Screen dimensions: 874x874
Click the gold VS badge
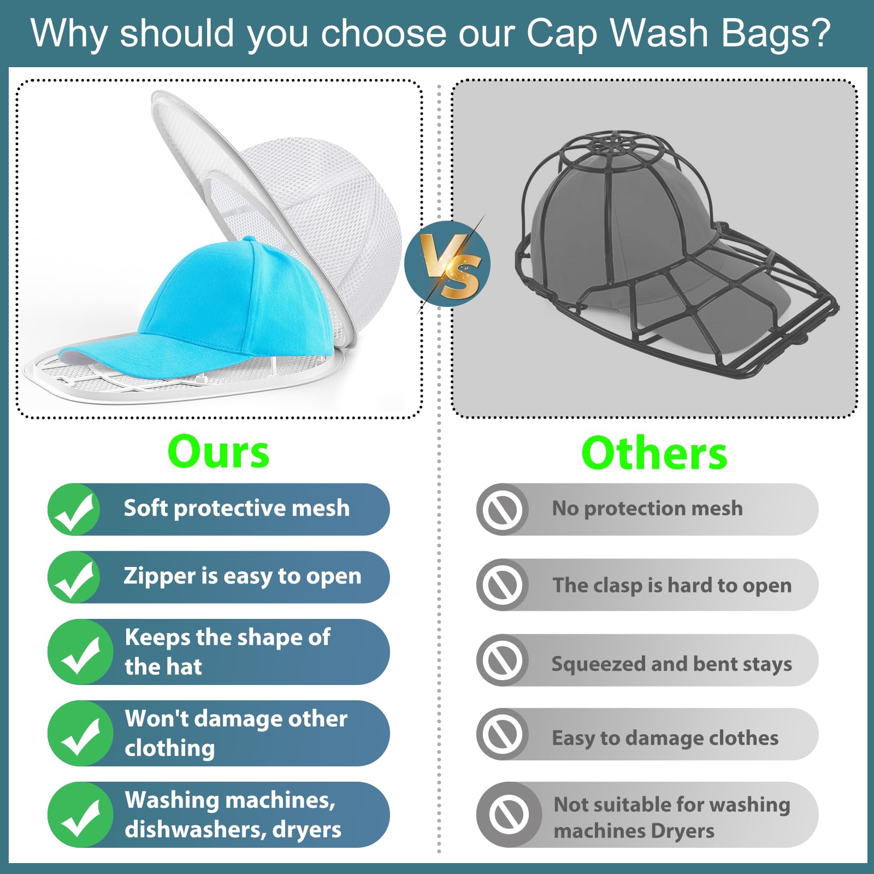pyautogui.click(x=448, y=264)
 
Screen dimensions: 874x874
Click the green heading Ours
pyautogui.click(x=218, y=452)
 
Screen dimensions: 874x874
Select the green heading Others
pyautogui.click(x=654, y=453)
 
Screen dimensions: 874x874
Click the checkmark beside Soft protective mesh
pyautogui.click(x=74, y=510)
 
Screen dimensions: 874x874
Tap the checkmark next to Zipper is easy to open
pyautogui.click(x=74, y=577)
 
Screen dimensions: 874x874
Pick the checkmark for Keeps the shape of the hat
pyautogui.click(x=80, y=652)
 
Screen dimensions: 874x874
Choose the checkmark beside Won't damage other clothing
pyautogui.click(x=80, y=734)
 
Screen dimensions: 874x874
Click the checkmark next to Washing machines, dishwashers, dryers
pyautogui.click(x=80, y=815)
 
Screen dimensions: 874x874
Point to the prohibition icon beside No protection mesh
pyautogui.click(x=503, y=510)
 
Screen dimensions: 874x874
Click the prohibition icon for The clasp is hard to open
pyautogui.click(x=503, y=585)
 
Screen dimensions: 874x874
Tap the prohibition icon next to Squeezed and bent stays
pyautogui.click(x=503, y=660)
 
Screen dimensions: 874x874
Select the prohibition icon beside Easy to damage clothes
pyautogui.click(x=503, y=735)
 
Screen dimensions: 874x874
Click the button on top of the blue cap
pyautogui.click(x=250, y=239)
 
